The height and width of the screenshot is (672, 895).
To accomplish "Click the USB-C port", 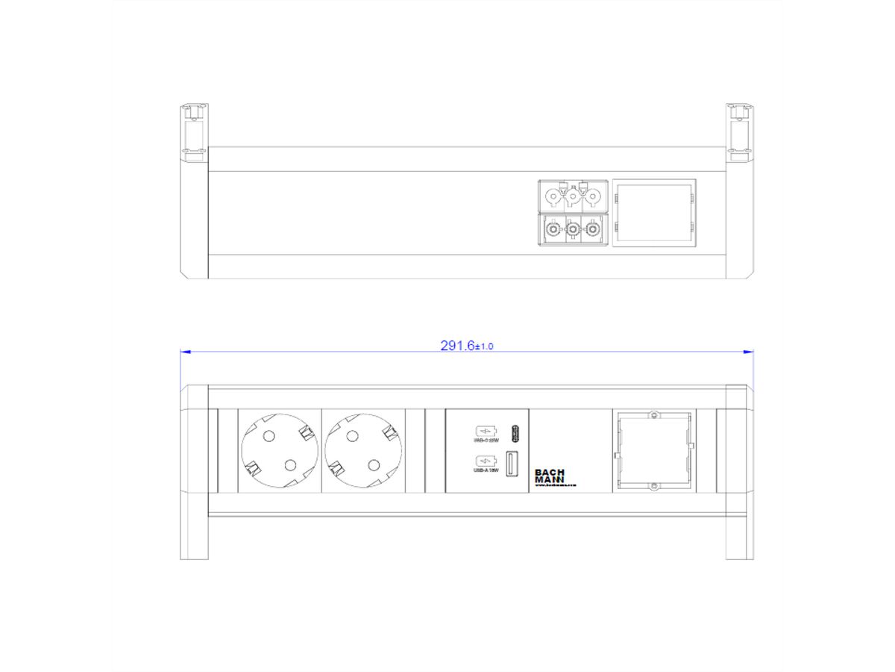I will point(513,432).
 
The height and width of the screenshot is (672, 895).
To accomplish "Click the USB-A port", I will point(513,464).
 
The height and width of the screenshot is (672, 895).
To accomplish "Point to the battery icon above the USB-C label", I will point(484,431).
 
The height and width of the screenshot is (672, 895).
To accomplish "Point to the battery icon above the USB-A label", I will point(484,460).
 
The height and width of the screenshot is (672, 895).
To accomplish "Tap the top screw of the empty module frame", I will point(653,415).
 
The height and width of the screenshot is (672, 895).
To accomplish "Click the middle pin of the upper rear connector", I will point(573,199).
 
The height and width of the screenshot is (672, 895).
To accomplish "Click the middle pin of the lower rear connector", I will point(573,227).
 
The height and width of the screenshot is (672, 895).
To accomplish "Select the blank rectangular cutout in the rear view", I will point(654,213).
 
